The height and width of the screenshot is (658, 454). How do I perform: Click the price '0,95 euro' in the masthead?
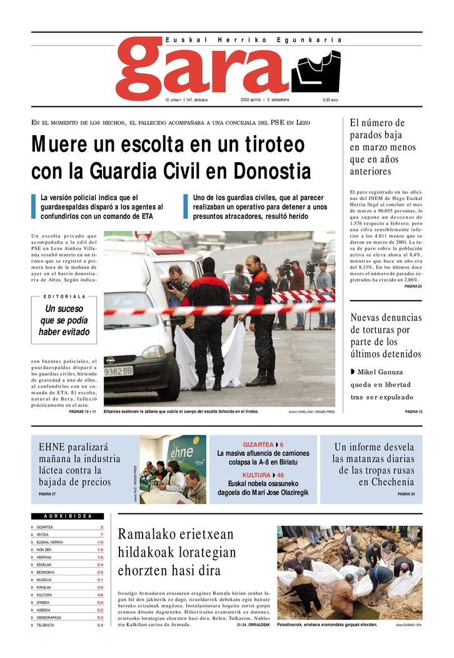330,100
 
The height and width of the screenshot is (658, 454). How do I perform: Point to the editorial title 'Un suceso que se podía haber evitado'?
64,320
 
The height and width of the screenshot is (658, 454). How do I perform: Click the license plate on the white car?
118,371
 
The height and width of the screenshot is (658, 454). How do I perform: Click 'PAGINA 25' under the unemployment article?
413,286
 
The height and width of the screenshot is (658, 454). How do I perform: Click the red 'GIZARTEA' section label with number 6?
263,444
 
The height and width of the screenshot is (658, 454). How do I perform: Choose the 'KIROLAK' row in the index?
45,587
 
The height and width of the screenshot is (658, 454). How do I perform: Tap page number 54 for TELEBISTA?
100,625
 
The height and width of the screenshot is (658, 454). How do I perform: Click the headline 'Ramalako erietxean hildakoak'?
176,544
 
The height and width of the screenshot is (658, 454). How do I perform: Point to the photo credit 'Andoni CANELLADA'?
311,412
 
